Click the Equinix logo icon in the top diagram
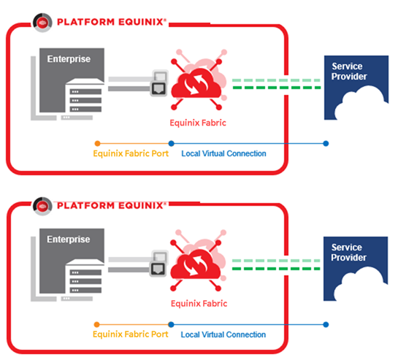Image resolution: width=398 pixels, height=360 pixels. (x=42, y=23)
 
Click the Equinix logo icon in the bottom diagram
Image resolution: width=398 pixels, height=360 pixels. (x=42, y=206)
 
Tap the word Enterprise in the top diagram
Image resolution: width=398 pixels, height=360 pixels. (x=69, y=59)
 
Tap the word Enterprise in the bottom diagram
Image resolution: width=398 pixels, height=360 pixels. (x=69, y=240)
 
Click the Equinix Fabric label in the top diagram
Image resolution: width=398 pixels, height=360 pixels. (x=198, y=123)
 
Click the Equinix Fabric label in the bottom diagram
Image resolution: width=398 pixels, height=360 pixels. (x=199, y=304)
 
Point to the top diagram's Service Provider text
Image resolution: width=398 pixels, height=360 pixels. (x=349, y=72)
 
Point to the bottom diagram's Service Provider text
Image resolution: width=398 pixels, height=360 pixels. (x=348, y=253)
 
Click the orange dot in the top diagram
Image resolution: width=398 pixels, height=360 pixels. (x=97, y=143)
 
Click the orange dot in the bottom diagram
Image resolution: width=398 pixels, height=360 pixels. (x=96, y=324)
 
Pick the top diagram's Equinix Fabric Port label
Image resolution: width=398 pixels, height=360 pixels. (x=131, y=153)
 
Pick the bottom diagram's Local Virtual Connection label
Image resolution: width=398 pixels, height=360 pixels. (x=223, y=334)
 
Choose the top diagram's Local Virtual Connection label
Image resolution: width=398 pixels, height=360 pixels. (x=223, y=153)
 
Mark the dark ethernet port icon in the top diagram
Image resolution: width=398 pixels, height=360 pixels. (x=158, y=89)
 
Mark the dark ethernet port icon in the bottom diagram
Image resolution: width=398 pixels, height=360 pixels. (x=158, y=269)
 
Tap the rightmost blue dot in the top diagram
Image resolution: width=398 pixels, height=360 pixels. (x=326, y=143)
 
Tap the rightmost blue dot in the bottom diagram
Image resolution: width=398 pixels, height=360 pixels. (x=326, y=324)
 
